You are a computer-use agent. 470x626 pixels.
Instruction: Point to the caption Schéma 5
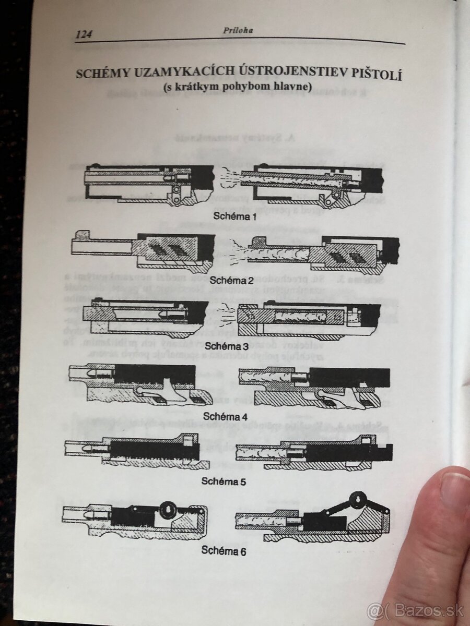coord(224,481)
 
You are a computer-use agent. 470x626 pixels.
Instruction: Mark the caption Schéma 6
coord(224,550)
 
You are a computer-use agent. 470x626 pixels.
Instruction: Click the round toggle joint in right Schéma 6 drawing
coord(358,501)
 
